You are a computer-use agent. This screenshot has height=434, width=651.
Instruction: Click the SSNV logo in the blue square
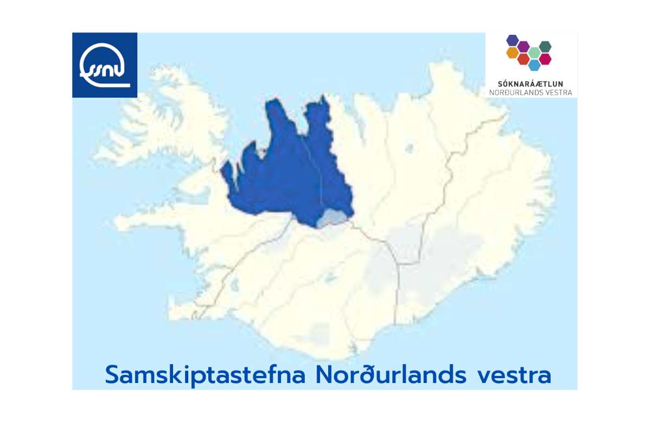[x=105, y=65]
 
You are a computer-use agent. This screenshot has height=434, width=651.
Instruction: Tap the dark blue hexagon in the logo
[x=513, y=40]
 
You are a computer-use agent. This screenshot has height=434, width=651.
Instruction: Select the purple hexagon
[x=524, y=47]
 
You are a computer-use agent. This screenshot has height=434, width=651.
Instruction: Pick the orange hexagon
[x=513, y=53]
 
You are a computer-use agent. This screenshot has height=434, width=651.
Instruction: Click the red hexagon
[x=524, y=59]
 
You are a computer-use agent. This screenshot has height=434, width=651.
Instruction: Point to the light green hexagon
[x=534, y=53]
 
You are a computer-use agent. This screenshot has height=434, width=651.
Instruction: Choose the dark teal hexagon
[x=545, y=47]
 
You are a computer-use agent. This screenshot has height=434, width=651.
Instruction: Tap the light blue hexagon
[x=534, y=65]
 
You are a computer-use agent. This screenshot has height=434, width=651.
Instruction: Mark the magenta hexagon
[x=545, y=59]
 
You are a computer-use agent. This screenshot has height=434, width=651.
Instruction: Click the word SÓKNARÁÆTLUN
[x=531, y=84]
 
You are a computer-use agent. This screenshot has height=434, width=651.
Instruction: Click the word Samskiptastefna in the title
[x=205, y=375]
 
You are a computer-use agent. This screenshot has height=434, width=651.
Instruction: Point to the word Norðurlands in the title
[x=391, y=374]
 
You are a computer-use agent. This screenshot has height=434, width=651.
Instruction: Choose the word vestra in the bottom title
[x=514, y=376]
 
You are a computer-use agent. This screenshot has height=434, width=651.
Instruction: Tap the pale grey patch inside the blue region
[x=332, y=218]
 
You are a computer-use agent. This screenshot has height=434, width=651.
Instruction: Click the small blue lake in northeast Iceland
[x=409, y=148]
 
